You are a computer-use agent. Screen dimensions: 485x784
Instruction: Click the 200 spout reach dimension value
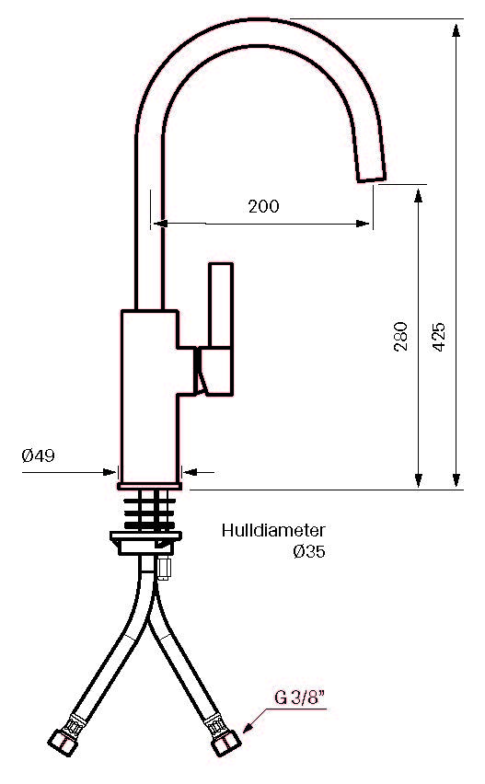click(x=263, y=206)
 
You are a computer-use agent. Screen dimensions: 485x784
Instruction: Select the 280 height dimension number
click(x=400, y=337)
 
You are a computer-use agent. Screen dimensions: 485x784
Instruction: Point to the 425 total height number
click(x=438, y=337)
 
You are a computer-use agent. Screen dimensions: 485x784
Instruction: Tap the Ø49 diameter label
click(x=38, y=455)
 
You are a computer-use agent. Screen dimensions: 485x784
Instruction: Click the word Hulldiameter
click(x=273, y=530)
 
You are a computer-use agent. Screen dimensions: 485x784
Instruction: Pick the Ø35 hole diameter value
click(x=309, y=551)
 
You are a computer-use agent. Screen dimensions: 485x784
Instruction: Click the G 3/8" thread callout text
click(x=300, y=698)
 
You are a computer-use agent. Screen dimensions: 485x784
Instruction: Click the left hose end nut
click(x=63, y=743)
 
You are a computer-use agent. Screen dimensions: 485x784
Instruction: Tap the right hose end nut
click(x=226, y=743)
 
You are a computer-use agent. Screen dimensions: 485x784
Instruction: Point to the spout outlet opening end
click(x=372, y=176)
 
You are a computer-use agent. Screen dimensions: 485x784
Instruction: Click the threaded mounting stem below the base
click(x=150, y=511)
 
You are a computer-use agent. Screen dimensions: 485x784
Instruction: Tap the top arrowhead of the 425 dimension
click(x=456, y=30)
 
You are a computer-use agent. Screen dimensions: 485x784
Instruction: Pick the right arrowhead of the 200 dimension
click(x=363, y=224)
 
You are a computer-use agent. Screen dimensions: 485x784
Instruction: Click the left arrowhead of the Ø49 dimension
click(x=109, y=471)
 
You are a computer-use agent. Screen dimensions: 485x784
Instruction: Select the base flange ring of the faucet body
click(x=149, y=486)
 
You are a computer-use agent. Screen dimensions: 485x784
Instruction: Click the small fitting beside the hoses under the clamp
click(x=164, y=568)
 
